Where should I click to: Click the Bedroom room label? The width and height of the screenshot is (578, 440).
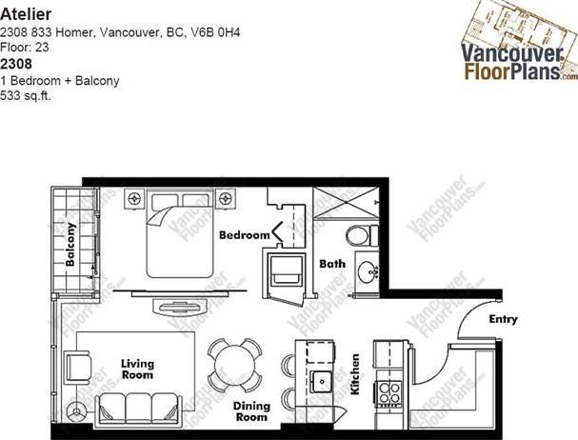coord(245,235)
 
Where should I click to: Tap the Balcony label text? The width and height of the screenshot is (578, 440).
coord(70,244)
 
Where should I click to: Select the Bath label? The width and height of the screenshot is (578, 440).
coord(332,264)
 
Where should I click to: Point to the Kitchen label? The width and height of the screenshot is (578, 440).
coord(355,374)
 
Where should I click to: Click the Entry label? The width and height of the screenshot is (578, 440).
coord(503,319)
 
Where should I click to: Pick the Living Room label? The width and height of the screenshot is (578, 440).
coord(137,370)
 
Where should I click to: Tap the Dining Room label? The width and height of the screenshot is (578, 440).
coord(251,411)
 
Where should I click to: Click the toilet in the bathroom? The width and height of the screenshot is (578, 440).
coord(362,235)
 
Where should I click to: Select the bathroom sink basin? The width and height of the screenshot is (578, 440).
coord(368,271)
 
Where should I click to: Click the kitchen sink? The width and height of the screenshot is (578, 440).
coord(322,382)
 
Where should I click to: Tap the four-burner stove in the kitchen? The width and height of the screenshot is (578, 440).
coord(389,393)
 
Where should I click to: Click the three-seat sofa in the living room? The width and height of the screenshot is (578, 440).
coord(138,409)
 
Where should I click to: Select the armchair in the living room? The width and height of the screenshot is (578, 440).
coord(77,368)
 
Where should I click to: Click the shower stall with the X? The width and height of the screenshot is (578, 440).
coord(346,203)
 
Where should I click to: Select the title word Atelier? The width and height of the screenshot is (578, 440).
coord(26,14)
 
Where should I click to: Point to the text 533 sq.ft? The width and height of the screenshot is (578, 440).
coord(26,96)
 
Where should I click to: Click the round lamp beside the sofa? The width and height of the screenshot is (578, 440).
coord(77,410)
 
